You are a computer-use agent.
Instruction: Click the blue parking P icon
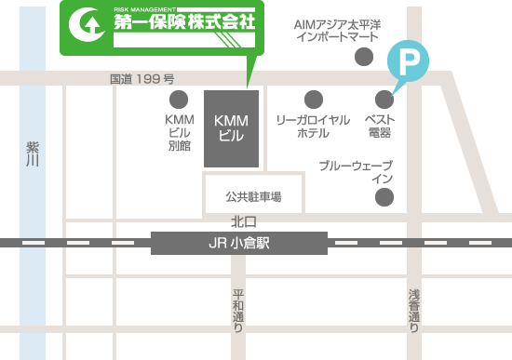pyautogui.click(x=407, y=62)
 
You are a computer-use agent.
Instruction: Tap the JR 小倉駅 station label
pyautogui.click(x=240, y=244)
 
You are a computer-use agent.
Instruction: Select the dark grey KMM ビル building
pyautogui.click(x=229, y=128)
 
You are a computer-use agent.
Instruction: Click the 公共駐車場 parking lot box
pyautogui.click(x=252, y=196)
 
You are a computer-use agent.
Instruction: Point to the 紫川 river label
pyautogui.click(x=33, y=155)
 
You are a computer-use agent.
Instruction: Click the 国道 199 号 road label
pyautogui.click(x=142, y=80)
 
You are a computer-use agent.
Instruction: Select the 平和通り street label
pyautogui.click(x=238, y=311)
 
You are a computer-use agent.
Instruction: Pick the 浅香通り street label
pyautogui.click(x=414, y=311)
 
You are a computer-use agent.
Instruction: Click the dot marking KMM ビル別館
pyautogui.click(x=179, y=99)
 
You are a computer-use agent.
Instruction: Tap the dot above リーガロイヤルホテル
pyautogui.click(x=313, y=99)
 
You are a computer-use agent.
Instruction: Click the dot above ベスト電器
pyautogui.click(x=384, y=99)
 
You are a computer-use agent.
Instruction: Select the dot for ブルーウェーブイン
pyautogui.click(x=384, y=196)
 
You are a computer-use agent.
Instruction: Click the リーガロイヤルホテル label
pyautogui.click(x=313, y=127)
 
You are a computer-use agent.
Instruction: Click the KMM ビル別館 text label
pyautogui.click(x=179, y=132)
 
